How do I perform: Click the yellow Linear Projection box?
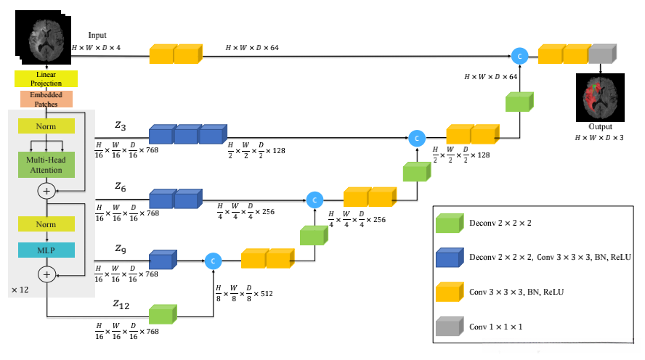(46, 78)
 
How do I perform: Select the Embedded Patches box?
(46, 99)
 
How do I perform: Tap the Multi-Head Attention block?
(46, 164)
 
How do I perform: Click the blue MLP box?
(46, 249)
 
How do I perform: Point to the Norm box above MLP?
(46, 224)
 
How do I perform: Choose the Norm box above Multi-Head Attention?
(46, 126)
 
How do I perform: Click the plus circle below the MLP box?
(46, 274)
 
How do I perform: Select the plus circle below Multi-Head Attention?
(46, 190)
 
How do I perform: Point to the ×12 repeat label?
(19, 290)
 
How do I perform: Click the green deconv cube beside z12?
(162, 314)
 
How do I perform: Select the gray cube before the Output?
(601, 54)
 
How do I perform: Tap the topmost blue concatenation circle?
(519, 55)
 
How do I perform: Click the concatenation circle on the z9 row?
(213, 260)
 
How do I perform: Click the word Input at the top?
(97, 35)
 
